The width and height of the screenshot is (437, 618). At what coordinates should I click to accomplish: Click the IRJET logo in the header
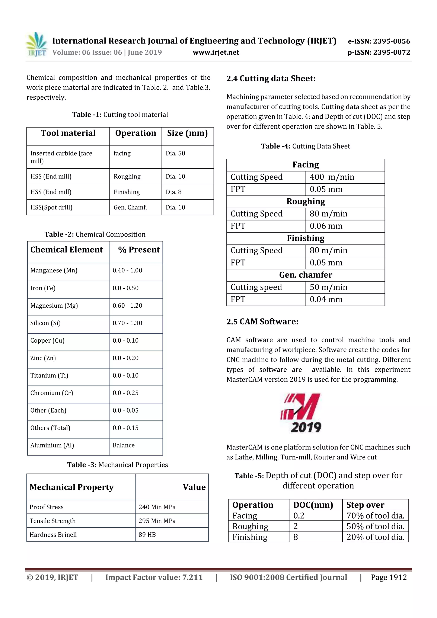point(37,44)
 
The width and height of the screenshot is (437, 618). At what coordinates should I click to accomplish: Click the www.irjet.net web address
point(216,52)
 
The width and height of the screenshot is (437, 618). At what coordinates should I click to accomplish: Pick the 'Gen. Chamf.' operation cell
point(130,207)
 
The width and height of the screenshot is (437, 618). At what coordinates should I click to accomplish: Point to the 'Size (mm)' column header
point(187,133)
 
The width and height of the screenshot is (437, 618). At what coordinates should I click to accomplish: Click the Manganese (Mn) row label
point(54,270)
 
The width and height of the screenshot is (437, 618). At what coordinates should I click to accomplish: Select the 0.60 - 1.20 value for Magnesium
point(127,305)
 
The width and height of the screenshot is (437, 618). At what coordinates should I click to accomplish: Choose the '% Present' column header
point(139,250)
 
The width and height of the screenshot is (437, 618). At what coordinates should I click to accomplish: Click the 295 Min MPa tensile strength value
point(157,521)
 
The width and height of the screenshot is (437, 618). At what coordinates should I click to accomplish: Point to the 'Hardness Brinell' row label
point(53,535)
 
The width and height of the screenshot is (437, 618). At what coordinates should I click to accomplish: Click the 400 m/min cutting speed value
point(332,177)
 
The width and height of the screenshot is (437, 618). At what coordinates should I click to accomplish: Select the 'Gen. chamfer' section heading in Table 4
point(306,275)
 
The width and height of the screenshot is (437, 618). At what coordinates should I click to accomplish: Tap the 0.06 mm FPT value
point(326,226)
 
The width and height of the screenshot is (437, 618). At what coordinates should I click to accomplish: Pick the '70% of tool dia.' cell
point(376,515)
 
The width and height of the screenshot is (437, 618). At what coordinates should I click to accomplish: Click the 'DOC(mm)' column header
point(313,505)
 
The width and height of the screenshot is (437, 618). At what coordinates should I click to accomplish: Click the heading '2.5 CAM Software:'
point(262,321)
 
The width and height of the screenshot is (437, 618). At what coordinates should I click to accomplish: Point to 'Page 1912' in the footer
point(389,577)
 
